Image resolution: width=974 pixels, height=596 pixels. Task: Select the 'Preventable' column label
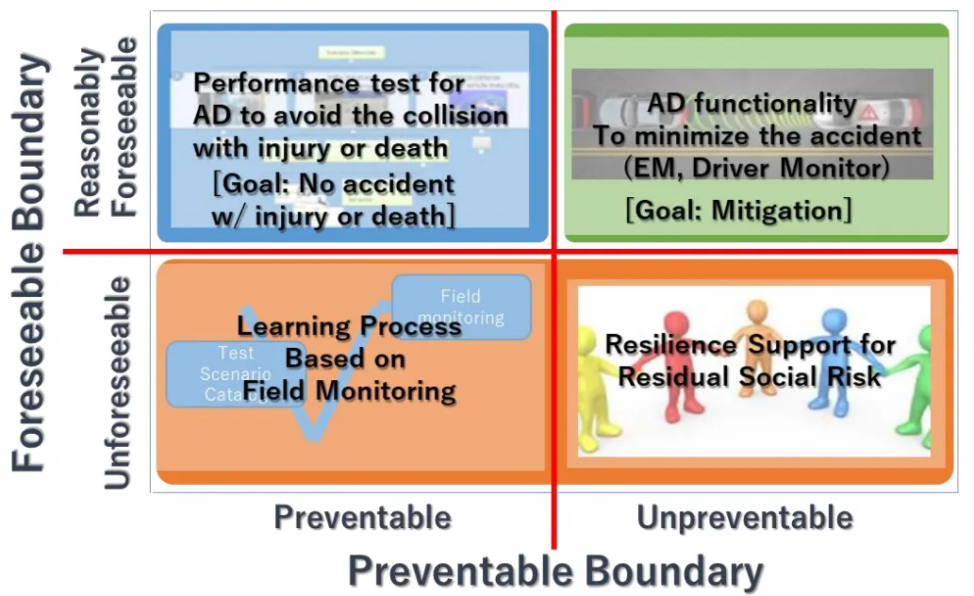(362, 517)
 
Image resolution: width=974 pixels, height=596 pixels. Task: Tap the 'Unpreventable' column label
(745, 517)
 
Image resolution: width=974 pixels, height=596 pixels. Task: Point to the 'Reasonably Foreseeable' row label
(106, 127)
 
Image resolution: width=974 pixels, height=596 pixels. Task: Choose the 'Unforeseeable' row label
(118, 382)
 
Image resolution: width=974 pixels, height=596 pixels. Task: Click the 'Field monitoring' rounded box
(461, 306)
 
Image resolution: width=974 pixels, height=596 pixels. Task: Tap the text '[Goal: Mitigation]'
(738, 209)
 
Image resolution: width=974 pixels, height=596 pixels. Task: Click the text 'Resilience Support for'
(750, 345)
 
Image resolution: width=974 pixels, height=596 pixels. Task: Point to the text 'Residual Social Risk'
(750, 377)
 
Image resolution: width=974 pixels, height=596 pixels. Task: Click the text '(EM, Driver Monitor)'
(756, 168)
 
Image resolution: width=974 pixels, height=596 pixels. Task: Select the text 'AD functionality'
(751, 104)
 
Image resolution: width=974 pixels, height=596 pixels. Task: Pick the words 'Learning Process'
(349, 327)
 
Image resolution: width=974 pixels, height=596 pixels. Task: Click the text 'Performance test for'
(329, 84)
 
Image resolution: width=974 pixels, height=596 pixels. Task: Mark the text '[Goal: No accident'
(334, 184)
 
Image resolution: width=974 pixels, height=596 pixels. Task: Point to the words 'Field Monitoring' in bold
(349, 390)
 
